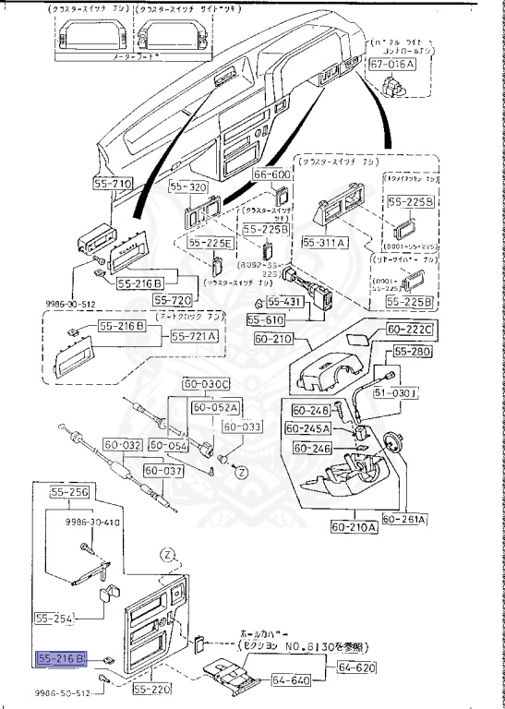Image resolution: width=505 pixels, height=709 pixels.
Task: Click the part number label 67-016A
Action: (392, 66)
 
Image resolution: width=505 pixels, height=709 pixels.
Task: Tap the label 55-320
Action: (188, 186)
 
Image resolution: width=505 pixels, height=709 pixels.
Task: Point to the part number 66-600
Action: (272, 174)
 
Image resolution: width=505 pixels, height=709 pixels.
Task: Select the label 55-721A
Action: (195, 338)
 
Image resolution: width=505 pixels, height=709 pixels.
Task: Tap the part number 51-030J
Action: (423, 392)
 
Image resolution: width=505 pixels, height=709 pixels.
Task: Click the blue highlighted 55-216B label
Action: (61, 658)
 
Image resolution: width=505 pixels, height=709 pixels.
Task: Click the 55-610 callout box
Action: (267, 319)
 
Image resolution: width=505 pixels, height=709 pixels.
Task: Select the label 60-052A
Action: (215, 407)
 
